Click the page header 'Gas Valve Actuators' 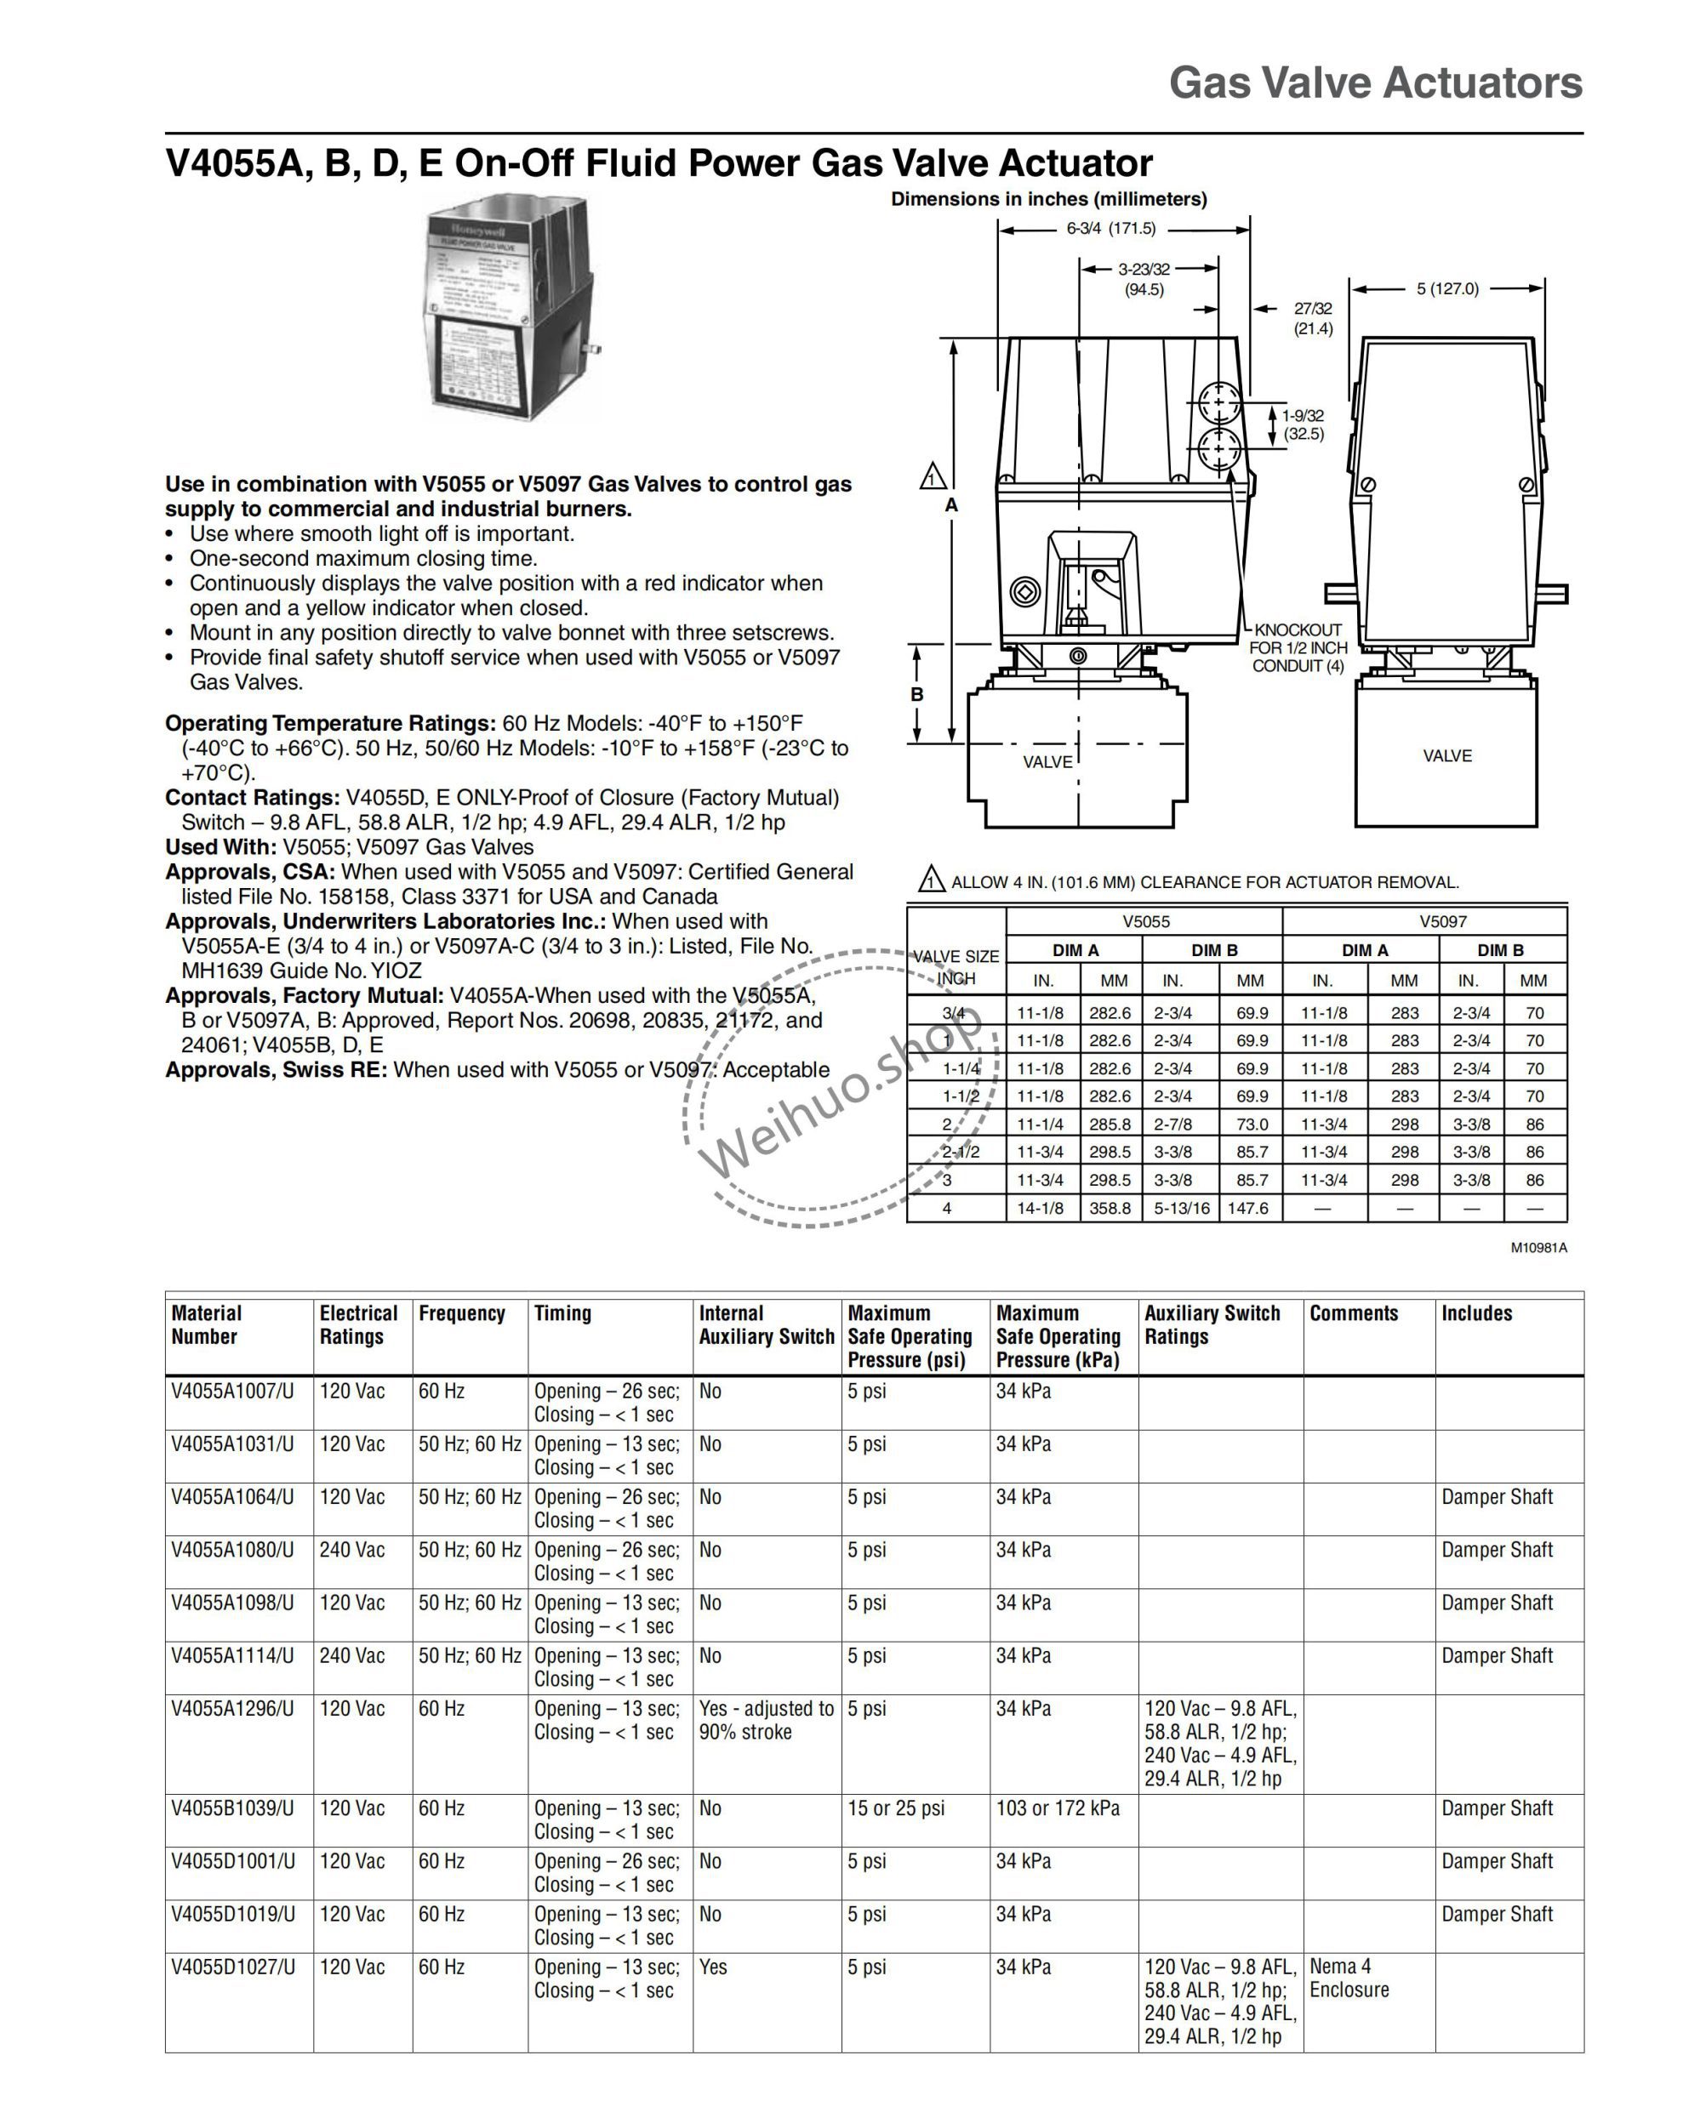click(1375, 83)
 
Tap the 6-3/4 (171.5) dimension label click(1110, 229)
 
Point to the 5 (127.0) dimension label click(1447, 288)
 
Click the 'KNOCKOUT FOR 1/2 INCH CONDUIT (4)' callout click(1298, 648)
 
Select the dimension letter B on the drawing click(917, 695)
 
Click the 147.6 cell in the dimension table click(1247, 1209)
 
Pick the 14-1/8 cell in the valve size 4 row click(1041, 1209)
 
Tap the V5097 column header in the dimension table click(1442, 921)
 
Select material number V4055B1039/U click(233, 1808)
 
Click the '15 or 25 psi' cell click(896, 1808)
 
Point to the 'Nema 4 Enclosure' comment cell click(1349, 1979)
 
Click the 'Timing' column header click(562, 1313)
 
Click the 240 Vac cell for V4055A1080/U click(351, 1550)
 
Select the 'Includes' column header click(1476, 1313)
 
